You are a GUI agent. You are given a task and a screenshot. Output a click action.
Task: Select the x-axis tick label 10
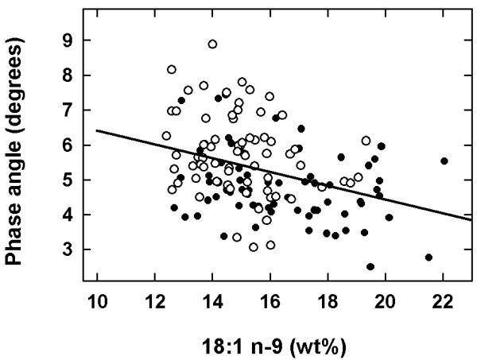[x=97, y=304]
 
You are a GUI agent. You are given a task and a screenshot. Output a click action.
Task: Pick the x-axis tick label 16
[x=270, y=304]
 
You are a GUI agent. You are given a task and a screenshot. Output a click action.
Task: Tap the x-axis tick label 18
[x=328, y=304]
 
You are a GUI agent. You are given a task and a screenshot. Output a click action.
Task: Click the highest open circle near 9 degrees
[x=212, y=45]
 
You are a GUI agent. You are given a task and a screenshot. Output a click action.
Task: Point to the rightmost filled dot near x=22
[x=444, y=161]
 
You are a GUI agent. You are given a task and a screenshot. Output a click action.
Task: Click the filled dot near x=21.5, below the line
[x=429, y=257]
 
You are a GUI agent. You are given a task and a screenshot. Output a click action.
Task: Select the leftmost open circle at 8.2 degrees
[x=172, y=70]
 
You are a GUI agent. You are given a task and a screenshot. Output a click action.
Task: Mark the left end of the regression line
[x=97, y=130]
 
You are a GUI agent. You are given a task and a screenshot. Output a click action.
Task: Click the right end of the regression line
[x=471, y=219]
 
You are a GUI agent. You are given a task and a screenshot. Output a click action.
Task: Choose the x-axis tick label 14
[x=212, y=304]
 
